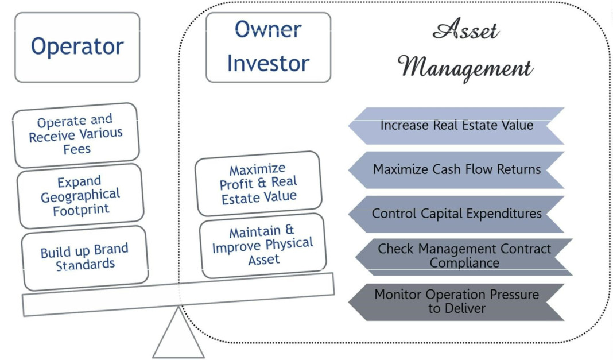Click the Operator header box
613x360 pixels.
point(77,47)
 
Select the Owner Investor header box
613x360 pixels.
point(268,47)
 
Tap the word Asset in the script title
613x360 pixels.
point(465,30)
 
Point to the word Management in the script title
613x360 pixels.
point(466,68)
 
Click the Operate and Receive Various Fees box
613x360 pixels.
point(76,135)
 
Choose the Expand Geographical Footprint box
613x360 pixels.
point(80,196)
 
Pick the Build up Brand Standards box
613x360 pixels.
point(84,258)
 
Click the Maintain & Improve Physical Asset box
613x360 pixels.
point(263,246)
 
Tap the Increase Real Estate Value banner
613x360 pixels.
point(456,126)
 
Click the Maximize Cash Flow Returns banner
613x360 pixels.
point(456,170)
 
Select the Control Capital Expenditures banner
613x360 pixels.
point(456,214)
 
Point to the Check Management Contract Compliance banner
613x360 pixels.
point(464,256)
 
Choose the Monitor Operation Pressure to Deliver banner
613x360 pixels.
point(456,301)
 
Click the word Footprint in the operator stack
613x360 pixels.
point(81,210)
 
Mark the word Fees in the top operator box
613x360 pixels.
point(77,149)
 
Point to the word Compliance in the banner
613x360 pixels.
point(464,263)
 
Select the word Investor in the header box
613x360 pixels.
point(268,63)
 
